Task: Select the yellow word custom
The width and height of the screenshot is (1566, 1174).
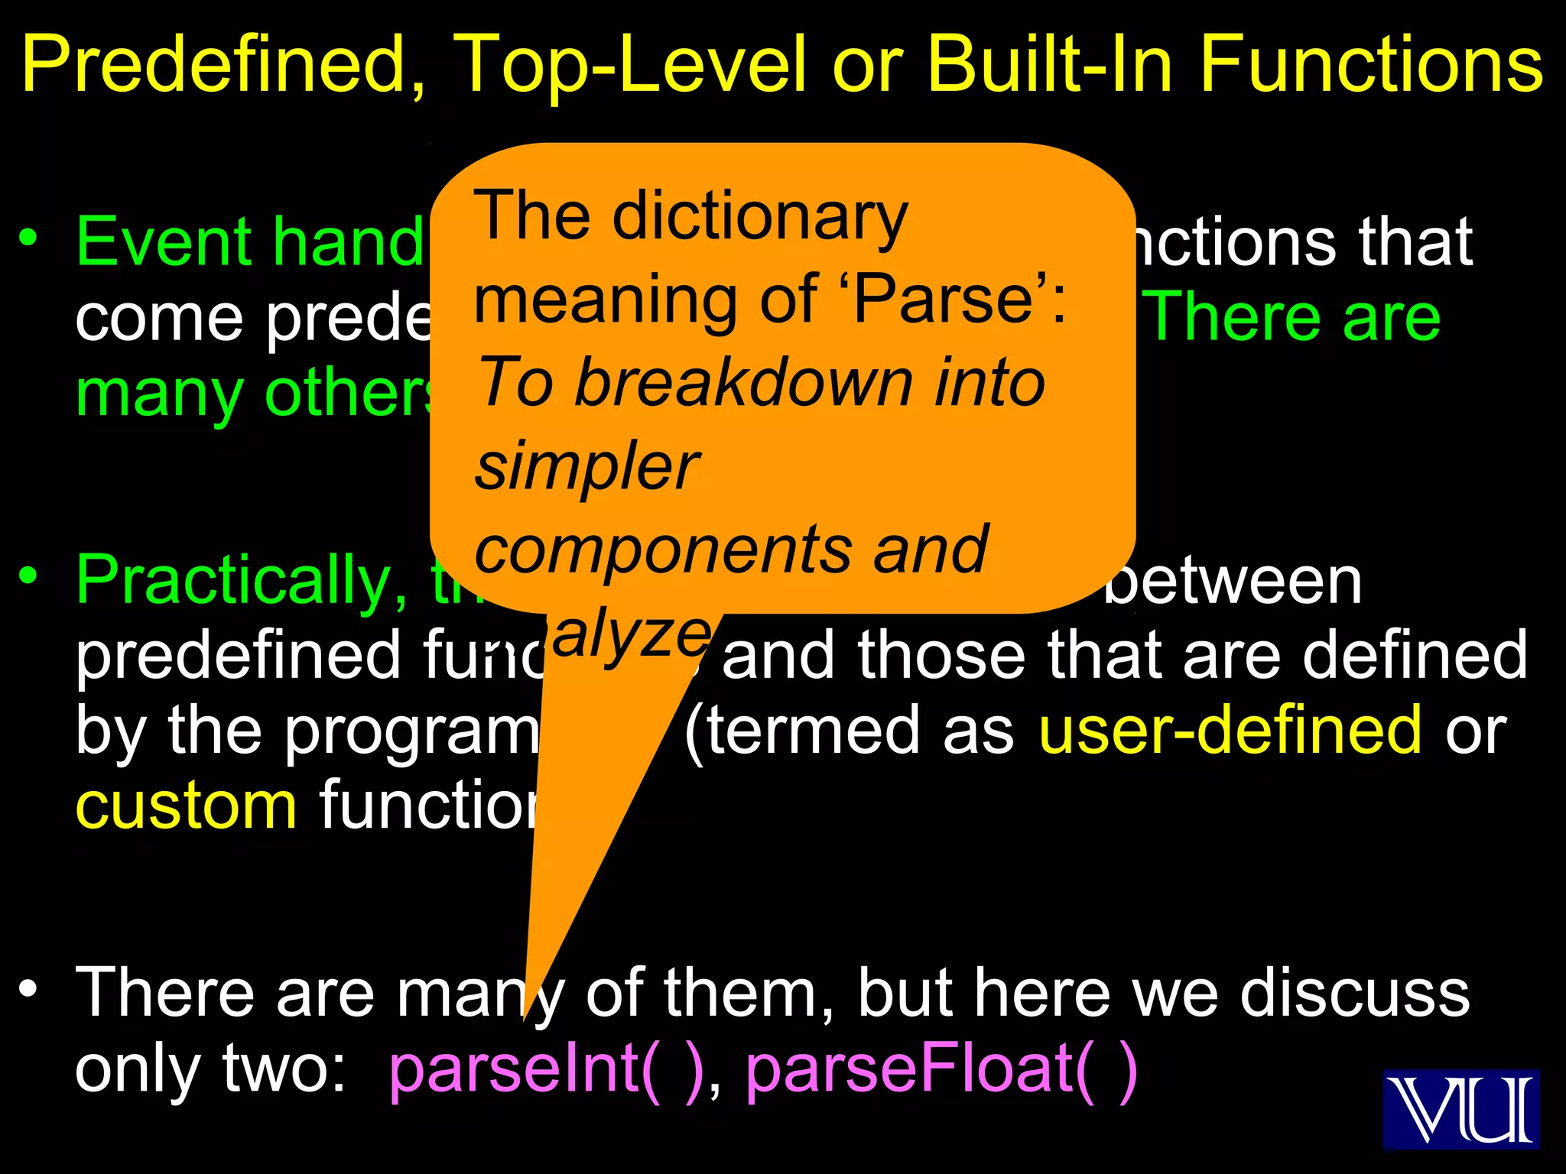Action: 187,806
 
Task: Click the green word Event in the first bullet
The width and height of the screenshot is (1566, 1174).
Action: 164,242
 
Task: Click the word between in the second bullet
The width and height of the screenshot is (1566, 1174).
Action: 1233,581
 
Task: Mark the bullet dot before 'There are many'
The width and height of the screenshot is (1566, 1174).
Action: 28,988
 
